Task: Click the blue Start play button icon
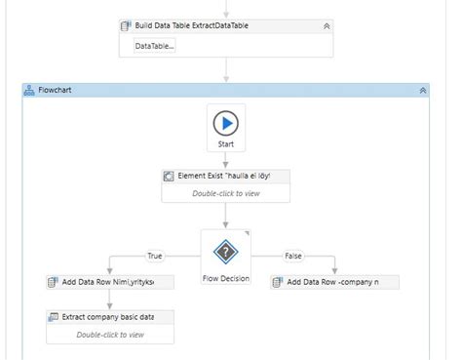pyautogui.click(x=225, y=123)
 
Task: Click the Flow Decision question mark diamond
pyautogui.click(x=225, y=251)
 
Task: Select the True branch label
pyautogui.click(x=154, y=257)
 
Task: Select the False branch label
pyautogui.click(x=292, y=257)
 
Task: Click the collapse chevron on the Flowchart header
pyautogui.click(x=423, y=90)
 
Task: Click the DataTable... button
pyautogui.click(x=155, y=46)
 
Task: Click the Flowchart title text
pyautogui.click(x=55, y=90)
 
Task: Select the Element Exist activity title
pyautogui.click(x=232, y=177)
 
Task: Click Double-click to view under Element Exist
pyautogui.click(x=225, y=193)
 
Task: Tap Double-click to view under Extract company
pyautogui.click(x=110, y=335)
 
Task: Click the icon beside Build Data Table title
pyautogui.click(x=126, y=26)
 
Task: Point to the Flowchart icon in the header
pyautogui.click(x=28, y=90)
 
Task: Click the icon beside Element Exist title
pyautogui.click(x=169, y=177)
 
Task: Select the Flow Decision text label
pyautogui.click(x=225, y=278)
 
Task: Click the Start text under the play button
pyautogui.click(x=225, y=144)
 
